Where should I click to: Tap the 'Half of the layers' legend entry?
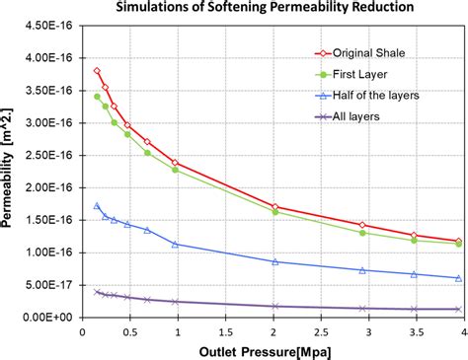[378, 96]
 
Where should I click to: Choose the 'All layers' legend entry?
[361, 117]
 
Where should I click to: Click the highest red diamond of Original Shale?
[97, 71]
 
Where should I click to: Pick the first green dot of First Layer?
[97, 96]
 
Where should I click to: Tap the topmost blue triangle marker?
[97, 205]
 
